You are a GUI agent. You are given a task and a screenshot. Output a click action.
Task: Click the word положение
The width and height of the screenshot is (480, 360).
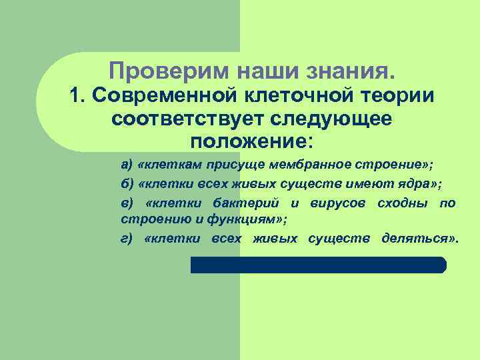[242, 143]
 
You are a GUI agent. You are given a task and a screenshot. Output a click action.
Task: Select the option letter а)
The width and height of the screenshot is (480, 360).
[127, 165]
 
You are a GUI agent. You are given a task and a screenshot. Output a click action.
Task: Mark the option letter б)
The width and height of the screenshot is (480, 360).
[127, 184]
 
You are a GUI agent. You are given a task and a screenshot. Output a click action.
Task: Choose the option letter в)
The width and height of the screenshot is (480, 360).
[127, 203]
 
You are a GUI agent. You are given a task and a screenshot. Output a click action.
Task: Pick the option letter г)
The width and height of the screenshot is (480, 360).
[126, 239]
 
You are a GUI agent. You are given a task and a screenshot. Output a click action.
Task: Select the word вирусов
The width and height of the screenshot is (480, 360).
[338, 203]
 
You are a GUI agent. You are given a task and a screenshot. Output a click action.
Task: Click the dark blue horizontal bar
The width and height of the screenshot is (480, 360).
[318, 265]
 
